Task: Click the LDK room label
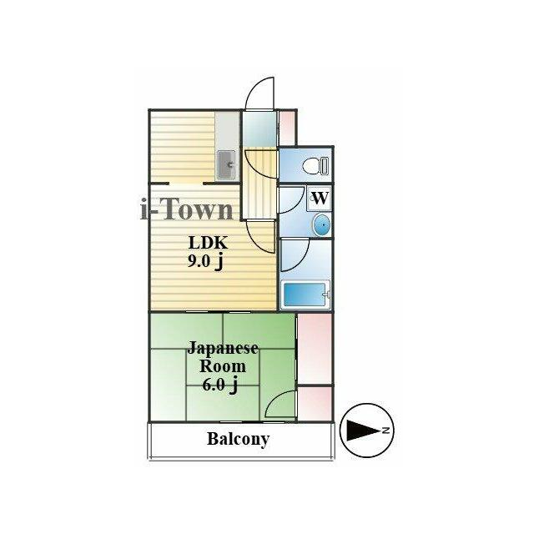(x=208, y=243)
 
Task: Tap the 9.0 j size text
(x=205, y=261)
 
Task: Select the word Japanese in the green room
(x=223, y=349)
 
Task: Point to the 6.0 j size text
(x=219, y=385)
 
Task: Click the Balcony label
(x=238, y=439)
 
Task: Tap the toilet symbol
(x=315, y=166)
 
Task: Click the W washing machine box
(x=320, y=198)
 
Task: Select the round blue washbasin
(x=321, y=225)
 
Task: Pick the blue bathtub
(x=306, y=295)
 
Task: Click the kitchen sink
(x=226, y=165)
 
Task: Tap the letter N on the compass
(x=385, y=431)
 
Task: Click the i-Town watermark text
(x=187, y=209)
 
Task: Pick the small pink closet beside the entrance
(x=287, y=128)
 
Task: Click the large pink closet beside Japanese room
(x=315, y=349)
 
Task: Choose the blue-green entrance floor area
(x=259, y=129)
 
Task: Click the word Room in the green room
(x=223, y=367)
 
